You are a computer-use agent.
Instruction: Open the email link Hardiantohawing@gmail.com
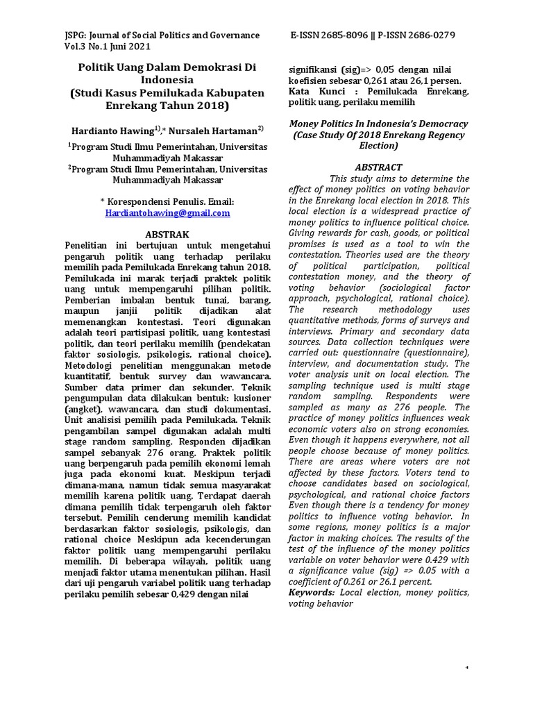167,213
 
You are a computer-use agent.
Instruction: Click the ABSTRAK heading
167,234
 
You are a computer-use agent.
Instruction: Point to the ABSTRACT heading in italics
378,167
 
